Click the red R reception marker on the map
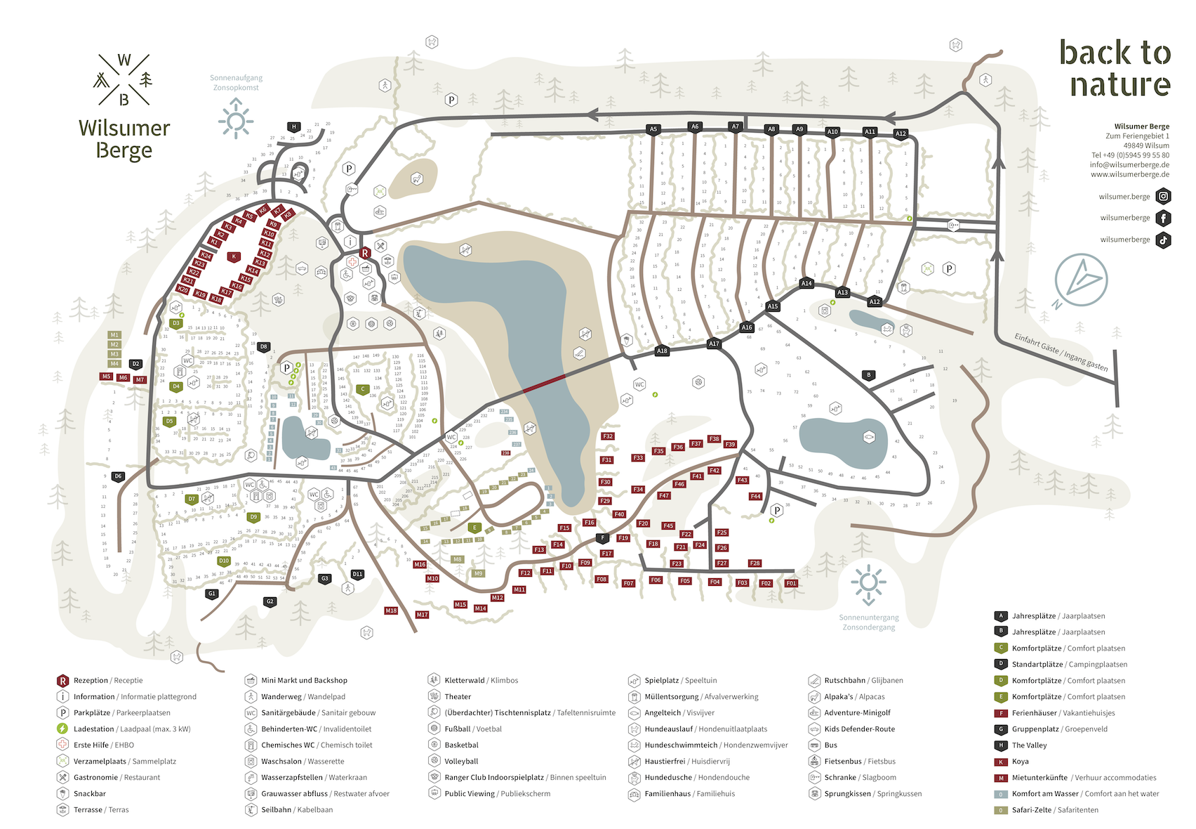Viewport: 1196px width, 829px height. (x=365, y=253)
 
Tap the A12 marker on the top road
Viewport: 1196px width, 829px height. (x=901, y=133)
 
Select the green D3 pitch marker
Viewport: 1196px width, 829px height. (x=175, y=324)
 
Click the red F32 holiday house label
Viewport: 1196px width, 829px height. (x=608, y=436)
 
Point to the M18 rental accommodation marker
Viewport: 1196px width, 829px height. (x=391, y=611)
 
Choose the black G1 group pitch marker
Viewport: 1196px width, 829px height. (x=212, y=594)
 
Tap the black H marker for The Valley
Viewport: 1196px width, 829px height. (x=294, y=127)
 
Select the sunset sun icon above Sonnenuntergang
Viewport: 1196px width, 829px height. (x=868, y=583)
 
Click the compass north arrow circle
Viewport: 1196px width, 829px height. (x=1081, y=280)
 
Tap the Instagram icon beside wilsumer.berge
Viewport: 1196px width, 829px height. (x=1163, y=197)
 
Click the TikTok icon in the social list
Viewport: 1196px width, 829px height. (x=1163, y=240)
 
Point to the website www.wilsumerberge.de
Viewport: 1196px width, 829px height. (x=1129, y=174)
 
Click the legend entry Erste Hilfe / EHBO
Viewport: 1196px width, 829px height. (x=103, y=745)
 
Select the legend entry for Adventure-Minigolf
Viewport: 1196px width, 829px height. (x=857, y=712)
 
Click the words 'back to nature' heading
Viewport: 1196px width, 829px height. (x=1116, y=68)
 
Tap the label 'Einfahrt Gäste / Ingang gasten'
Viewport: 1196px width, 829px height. (x=1061, y=352)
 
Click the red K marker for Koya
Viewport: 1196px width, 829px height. (x=234, y=257)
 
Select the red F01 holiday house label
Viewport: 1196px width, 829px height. (x=791, y=583)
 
